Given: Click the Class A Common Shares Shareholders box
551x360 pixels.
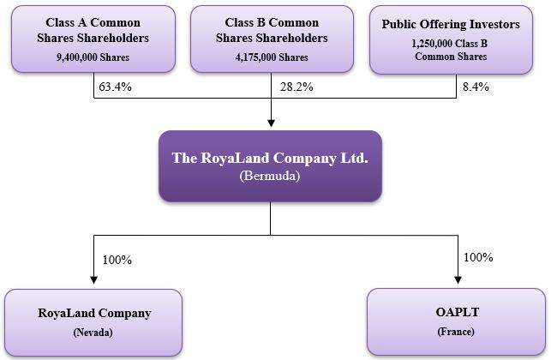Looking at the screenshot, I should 94,38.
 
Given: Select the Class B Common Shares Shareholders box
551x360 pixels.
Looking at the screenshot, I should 271,38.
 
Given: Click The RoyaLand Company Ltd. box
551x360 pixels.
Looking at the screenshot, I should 270,165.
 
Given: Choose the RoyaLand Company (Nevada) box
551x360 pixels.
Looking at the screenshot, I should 93,321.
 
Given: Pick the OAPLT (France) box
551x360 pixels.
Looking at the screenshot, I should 456,321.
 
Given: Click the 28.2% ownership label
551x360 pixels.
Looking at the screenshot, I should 296,87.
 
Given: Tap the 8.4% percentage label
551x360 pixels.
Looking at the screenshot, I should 475,87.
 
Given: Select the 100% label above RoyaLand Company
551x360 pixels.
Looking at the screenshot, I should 117,260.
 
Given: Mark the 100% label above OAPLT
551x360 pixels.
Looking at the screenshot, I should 478,257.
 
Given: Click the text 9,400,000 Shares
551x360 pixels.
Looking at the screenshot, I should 93,57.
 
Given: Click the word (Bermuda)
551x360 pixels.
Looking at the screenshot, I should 270,176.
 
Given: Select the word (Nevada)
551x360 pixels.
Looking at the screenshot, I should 93,332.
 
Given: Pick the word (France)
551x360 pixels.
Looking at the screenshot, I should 456,331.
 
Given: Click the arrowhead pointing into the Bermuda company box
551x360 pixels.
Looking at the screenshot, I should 271,123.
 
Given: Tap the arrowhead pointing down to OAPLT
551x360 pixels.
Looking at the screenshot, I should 457,280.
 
